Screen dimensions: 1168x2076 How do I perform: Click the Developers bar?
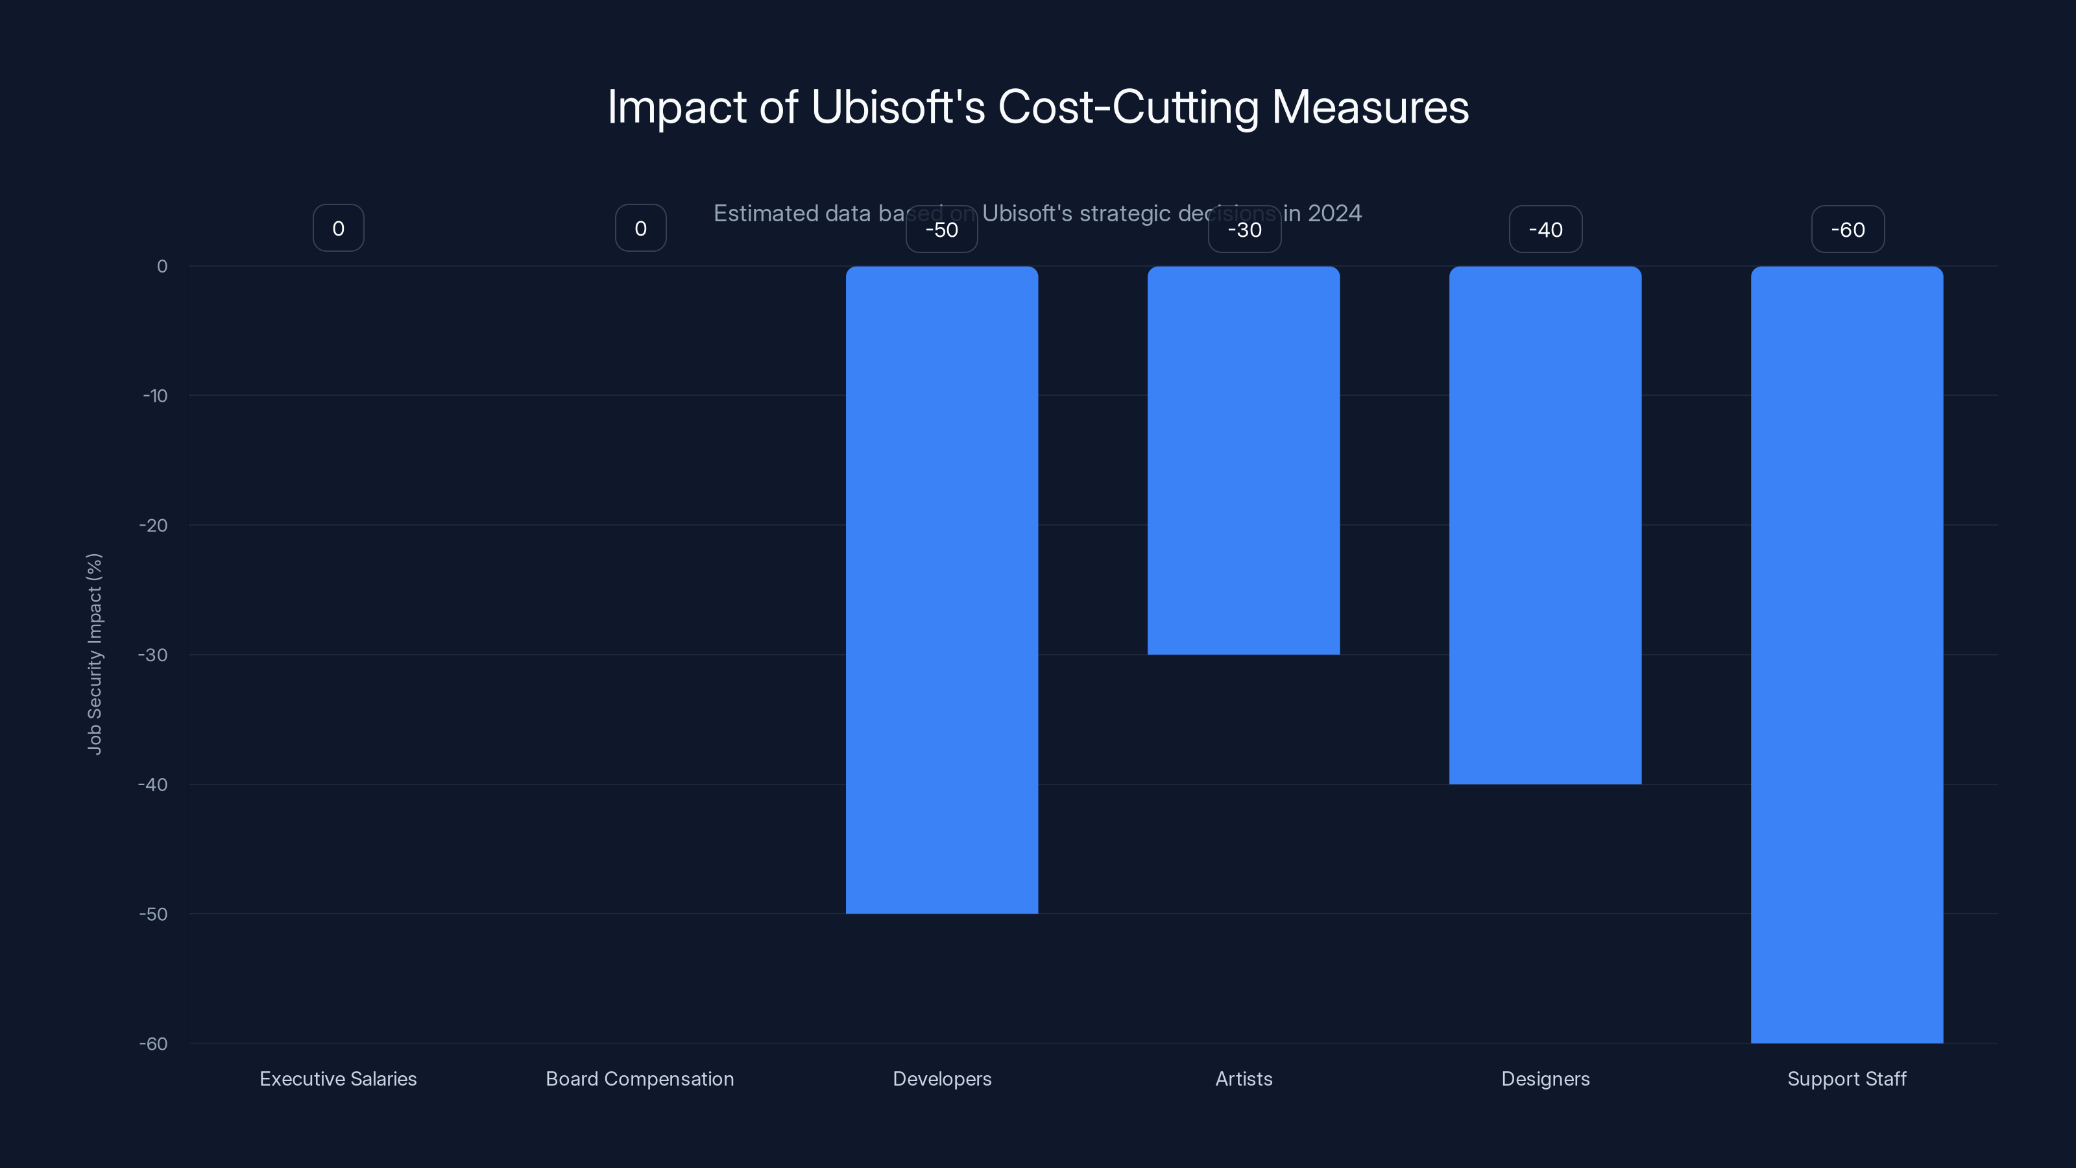941,589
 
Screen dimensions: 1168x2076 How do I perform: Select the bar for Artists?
1244,460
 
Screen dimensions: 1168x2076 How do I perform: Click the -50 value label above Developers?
941,230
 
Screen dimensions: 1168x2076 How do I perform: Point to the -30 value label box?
1244,230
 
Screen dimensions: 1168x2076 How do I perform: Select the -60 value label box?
1847,230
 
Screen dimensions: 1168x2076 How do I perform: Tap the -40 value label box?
1545,230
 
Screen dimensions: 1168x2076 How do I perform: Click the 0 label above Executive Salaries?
339,229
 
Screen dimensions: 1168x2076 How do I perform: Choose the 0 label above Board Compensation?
641,229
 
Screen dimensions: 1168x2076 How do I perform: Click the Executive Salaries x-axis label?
339,1078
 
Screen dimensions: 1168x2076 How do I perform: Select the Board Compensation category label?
640,1078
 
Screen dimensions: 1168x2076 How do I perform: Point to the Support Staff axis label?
1846,1078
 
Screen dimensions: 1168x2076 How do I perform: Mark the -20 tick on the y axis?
154,526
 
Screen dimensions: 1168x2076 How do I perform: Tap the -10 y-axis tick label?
156,396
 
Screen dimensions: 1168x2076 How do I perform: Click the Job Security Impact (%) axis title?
94,653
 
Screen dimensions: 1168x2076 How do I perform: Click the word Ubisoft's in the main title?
898,107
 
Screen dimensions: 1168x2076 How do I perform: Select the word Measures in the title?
1370,107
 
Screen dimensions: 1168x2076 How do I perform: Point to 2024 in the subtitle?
1334,213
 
